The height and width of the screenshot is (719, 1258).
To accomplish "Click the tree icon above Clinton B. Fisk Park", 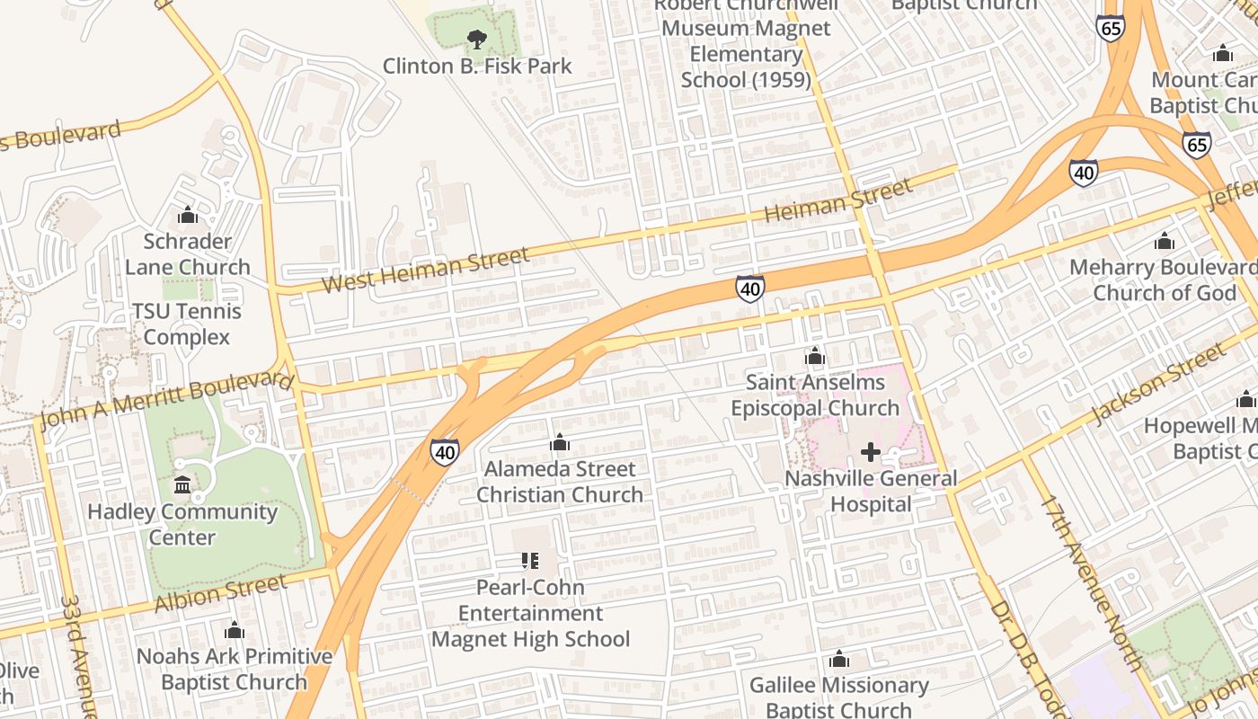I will [477, 39].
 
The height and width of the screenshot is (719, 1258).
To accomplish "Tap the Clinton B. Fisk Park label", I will [477, 67].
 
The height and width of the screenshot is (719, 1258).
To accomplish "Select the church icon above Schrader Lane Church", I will [188, 215].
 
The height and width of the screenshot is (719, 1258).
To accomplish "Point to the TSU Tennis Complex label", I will [187, 324].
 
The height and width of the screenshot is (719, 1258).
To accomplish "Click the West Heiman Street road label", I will [425, 271].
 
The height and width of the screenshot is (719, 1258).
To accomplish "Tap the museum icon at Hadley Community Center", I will [182, 485].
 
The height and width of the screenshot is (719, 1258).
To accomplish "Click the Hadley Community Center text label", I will [182, 525].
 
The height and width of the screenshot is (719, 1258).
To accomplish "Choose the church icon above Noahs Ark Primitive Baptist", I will [235, 630].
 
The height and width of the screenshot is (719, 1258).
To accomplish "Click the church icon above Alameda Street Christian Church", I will [560, 442].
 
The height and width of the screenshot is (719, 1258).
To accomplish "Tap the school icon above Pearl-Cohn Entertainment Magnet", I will [530, 561].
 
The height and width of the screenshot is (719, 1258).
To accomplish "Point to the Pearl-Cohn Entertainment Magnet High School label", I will [531, 614].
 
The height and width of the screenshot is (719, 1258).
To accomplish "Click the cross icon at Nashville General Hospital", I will [870, 452].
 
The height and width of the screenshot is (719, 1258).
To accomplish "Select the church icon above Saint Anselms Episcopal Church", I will [815, 357].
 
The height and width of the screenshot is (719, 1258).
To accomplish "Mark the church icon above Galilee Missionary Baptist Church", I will [839, 660].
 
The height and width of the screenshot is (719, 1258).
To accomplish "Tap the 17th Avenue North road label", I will [1090, 582].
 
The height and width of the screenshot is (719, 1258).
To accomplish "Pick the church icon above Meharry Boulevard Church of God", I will [1165, 241].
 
